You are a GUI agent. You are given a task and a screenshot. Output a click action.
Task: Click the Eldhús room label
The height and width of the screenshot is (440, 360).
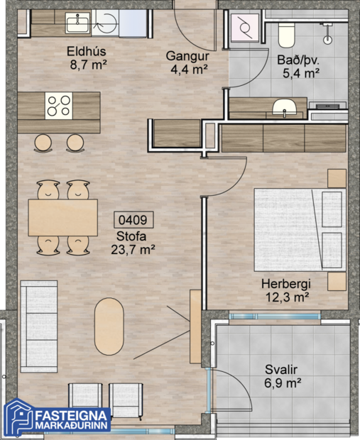point(87,57)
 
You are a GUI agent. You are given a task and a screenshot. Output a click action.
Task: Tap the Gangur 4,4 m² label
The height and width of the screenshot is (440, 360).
point(186,62)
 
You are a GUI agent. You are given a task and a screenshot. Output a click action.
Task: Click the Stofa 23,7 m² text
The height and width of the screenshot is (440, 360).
point(133,243)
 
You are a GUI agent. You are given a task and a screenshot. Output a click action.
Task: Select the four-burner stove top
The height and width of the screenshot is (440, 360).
point(58,106)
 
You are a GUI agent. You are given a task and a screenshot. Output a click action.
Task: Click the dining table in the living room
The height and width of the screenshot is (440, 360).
point(62,218)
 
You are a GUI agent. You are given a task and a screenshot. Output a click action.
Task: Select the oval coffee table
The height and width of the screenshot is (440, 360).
point(110,327)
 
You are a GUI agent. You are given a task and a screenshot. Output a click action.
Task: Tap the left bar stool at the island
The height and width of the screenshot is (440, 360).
point(44,143)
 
